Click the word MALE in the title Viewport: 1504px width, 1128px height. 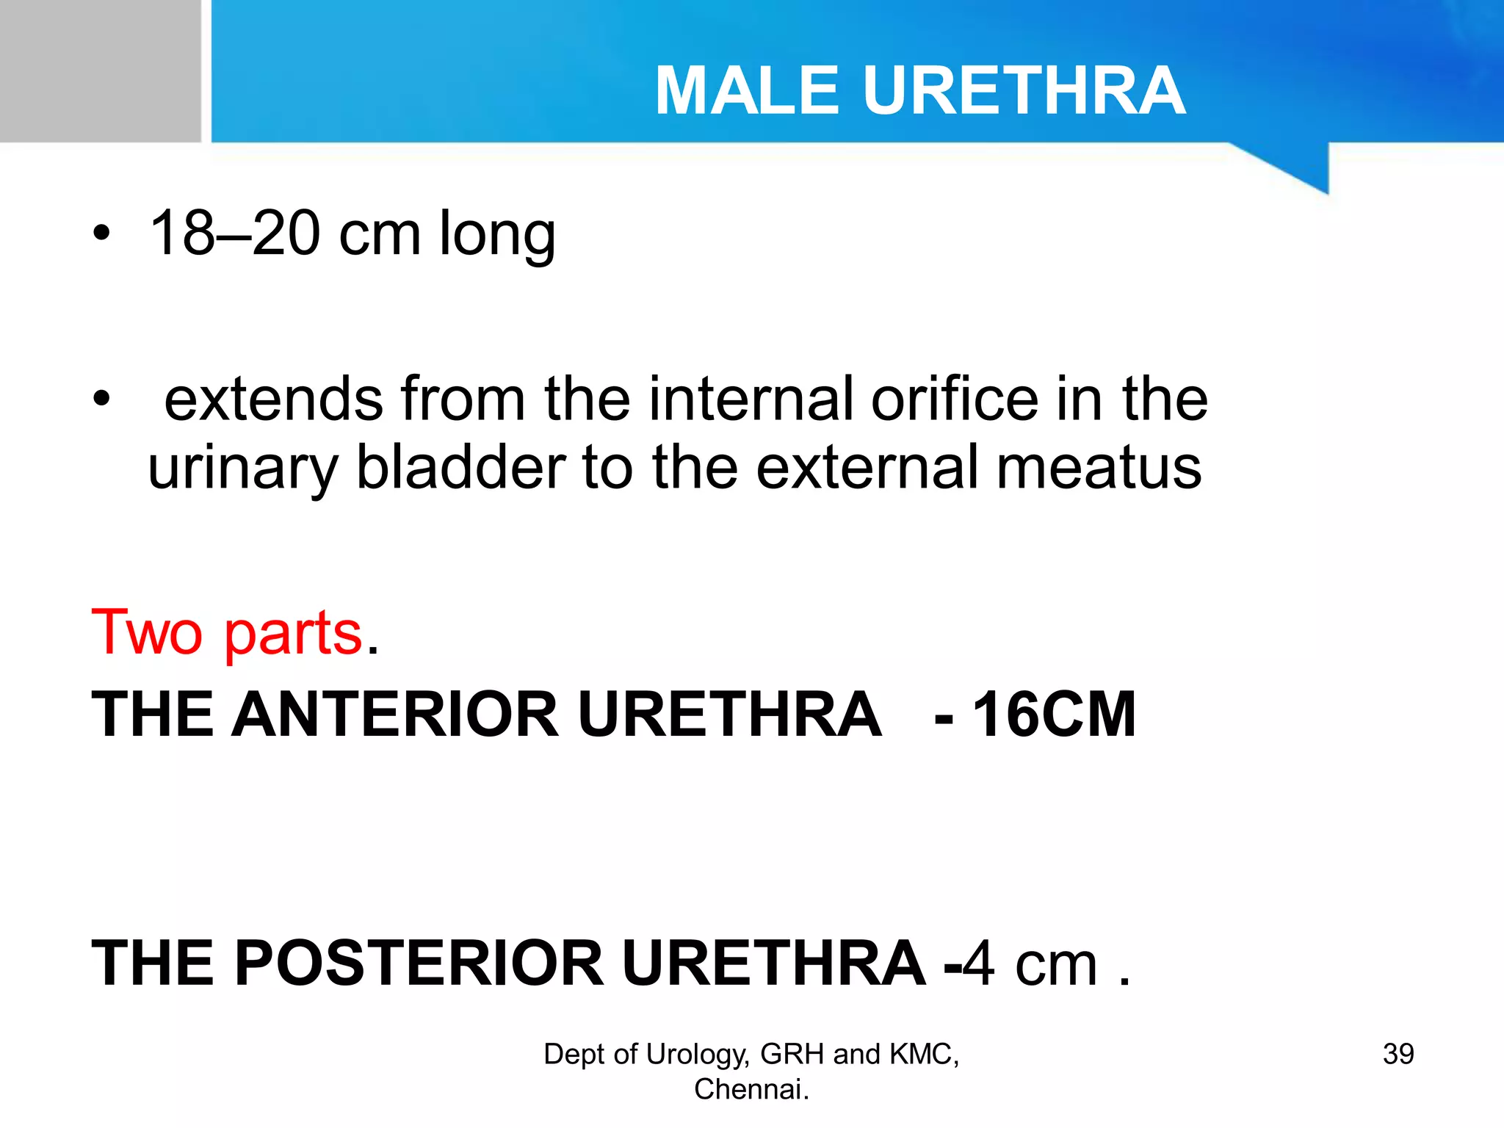click(746, 91)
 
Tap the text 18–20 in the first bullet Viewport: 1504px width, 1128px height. click(235, 234)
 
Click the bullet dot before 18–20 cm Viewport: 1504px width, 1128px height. click(101, 234)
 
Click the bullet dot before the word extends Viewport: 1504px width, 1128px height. click(101, 399)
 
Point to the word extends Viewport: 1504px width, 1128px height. click(273, 399)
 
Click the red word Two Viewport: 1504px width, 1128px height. click(147, 632)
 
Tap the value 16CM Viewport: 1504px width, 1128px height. click(1055, 714)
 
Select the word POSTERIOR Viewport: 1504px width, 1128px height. click(419, 963)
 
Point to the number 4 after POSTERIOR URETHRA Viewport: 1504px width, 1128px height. click(979, 963)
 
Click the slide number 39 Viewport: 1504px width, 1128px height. click(1398, 1054)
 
